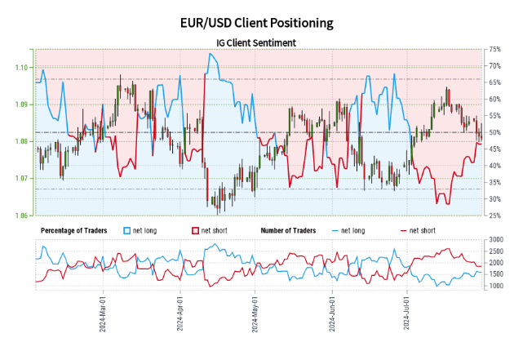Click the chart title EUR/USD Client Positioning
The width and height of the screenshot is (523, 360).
click(261, 22)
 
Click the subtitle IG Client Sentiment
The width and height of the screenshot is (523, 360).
click(261, 42)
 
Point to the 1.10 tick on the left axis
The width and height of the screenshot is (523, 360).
click(22, 67)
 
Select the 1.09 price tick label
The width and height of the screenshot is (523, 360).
click(22, 104)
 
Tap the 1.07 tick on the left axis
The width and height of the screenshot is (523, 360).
click(22, 178)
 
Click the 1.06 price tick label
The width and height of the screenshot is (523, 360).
click(22, 216)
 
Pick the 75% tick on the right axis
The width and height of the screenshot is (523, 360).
click(494, 50)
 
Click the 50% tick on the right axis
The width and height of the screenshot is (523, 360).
click(494, 132)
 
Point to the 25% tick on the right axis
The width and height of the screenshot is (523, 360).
click(494, 216)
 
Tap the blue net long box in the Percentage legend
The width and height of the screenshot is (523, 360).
click(126, 231)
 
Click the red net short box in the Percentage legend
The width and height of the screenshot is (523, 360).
click(194, 231)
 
